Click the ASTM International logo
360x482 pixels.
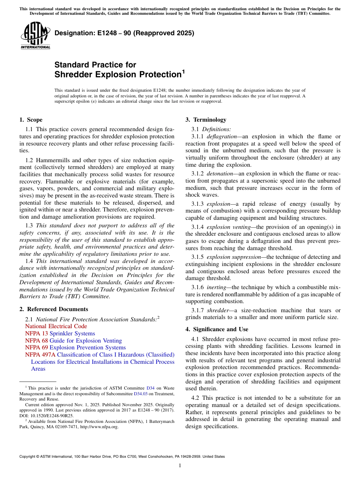point(35,36)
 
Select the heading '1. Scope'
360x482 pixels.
point(31,120)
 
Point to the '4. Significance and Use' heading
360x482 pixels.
point(217,329)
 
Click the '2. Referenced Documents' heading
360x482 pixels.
point(54,309)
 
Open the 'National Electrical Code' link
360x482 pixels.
point(56,326)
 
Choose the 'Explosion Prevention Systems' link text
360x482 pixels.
point(88,347)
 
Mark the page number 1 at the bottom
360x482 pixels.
point(180,465)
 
